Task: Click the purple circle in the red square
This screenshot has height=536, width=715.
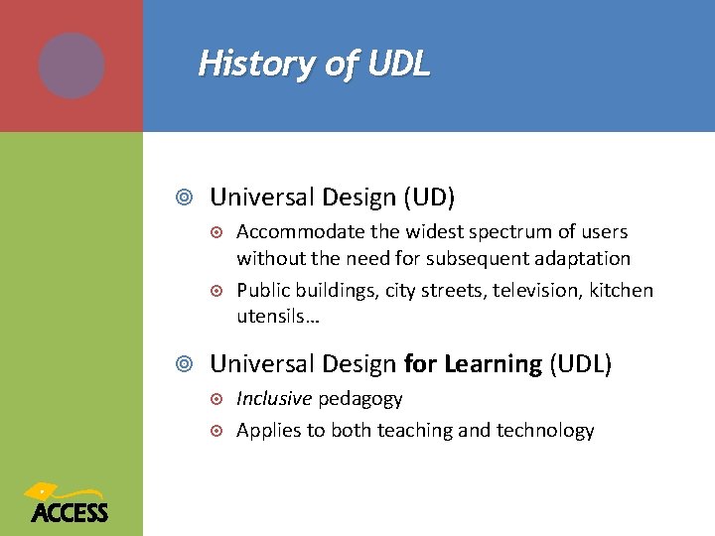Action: (71, 66)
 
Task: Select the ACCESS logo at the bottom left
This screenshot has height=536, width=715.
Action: (69, 504)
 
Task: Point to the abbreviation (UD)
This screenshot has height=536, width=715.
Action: (428, 198)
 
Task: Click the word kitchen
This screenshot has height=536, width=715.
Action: (622, 290)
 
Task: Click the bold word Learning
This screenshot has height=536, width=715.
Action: (494, 364)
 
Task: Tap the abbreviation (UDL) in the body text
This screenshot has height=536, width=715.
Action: (581, 364)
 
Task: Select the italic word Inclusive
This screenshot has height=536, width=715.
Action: (274, 399)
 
